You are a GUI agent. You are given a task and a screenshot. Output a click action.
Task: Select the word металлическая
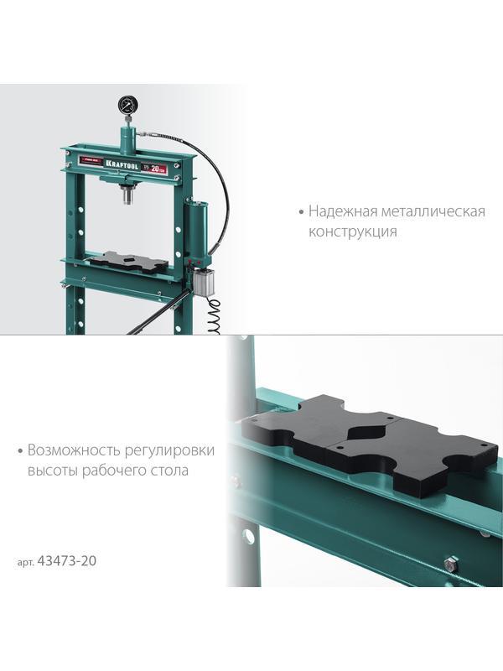click(436, 211)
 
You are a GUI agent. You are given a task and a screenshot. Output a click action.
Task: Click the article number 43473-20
click(68, 560)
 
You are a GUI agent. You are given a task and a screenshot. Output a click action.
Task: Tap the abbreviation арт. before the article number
click(26, 561)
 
